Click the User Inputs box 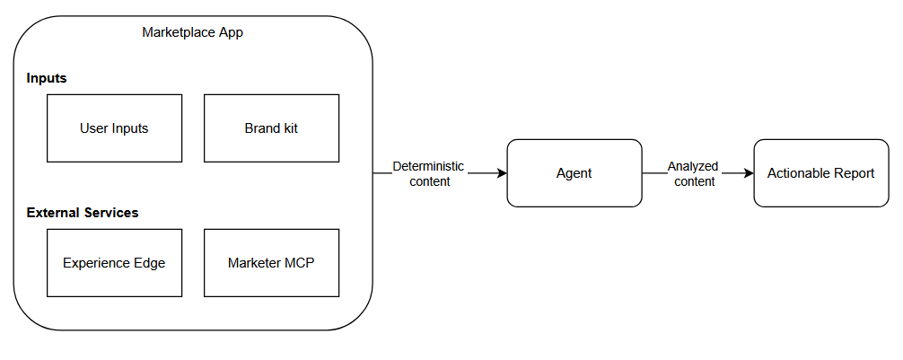click(114, 128)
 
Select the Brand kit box click(271, 128)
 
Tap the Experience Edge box click(114, 263)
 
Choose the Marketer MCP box click(271, 263)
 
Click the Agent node click(574, 173)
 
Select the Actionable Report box click(820, 173)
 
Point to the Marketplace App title click(192, 32)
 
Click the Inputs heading click(47, 78)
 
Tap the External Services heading click(83, 213)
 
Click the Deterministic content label click(429, 173)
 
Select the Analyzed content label click(694, 173)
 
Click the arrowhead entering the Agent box click(502, 173)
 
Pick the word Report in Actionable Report click(854, 173)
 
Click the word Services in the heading click(110, 213)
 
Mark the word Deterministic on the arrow click(429, 166)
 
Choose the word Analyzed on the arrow click(694, 166)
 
